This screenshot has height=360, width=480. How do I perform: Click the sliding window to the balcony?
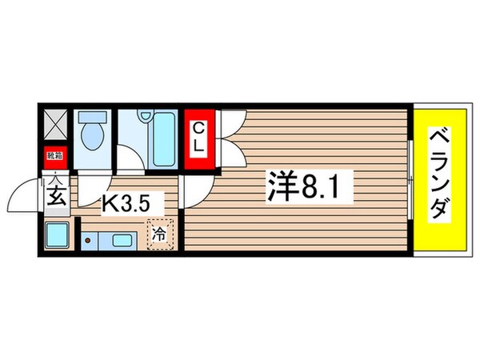[x=410, y=179]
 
